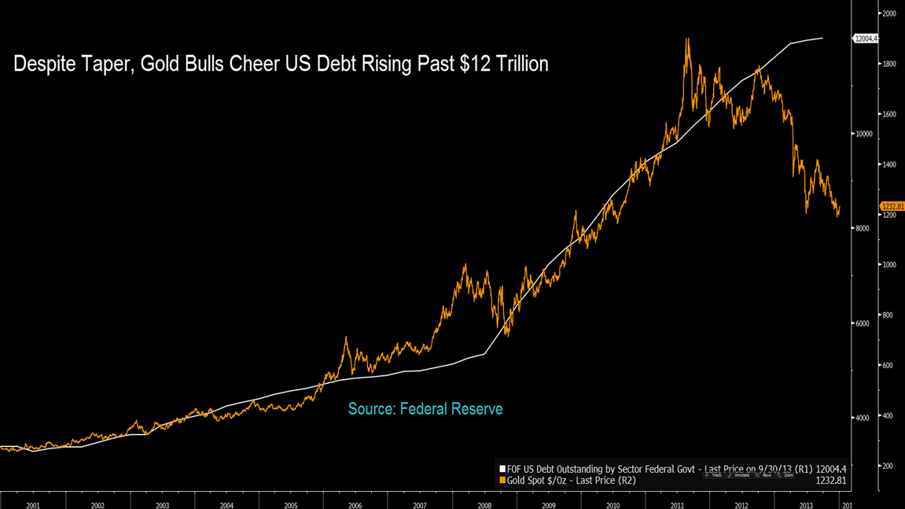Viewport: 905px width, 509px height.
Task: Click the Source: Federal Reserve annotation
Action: tap(425, 409)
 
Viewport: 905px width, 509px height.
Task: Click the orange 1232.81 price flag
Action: tap(892, 206)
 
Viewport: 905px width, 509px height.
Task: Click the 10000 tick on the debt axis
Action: tap(864, 134)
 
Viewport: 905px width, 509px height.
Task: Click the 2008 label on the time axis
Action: tap(484, 506)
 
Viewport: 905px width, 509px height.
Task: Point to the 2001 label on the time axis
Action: tap(32, 506)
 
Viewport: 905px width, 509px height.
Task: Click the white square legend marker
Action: tap(503, 469)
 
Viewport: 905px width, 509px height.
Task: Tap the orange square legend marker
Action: tap(503, 480)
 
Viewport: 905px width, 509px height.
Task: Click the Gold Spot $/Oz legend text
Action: tap(539, 480)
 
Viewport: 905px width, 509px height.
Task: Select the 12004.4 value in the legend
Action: tap(831, 469)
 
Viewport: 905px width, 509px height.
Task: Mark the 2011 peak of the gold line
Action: tap(688, 39)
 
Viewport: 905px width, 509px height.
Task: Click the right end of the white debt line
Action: tap(822, 38)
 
